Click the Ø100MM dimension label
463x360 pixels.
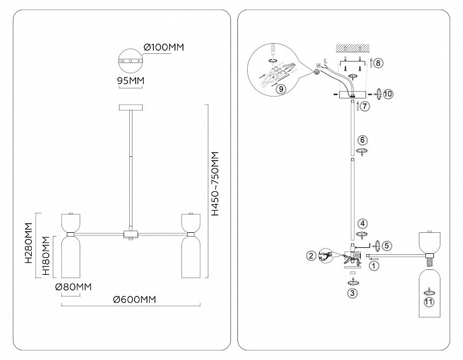pyautogui.click(x=164, y=47)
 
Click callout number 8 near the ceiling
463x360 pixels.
pyautogui.click(x=378, y=63)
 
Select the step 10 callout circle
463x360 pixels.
pyautogui.click(x=388, y=94)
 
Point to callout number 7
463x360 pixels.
pyautogui.click(x=365, y=106)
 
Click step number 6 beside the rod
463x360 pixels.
pyautogui.click(x=363, y=140)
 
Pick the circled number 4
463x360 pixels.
pyautogui.click(x=363, y=223)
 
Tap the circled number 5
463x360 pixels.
pyautogui.click(x=387, y=245)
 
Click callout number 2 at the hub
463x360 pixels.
pyautogui.click(x=311, y=256)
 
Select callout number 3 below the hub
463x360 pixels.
pyautogui.click(x=352, y=293)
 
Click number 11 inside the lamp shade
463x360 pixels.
pyautogui.click(x=429, y=302)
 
